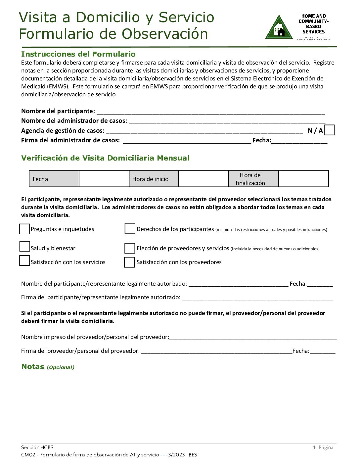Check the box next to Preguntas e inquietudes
tap(24, 229)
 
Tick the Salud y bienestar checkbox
tap(24, 247)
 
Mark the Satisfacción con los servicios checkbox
tap(24, 261)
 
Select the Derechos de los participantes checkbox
tap(130, 228)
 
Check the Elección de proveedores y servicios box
tap(130, 248)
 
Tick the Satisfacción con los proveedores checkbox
tap(129, 262)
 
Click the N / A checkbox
tap(329, 130)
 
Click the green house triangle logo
tap(279, 28)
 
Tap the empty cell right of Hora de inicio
tap(203, 179)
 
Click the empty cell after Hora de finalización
tap(303, 179)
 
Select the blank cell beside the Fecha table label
tap(104, 179)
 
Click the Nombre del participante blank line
tap(210, 112)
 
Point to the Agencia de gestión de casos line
tap(204, 131)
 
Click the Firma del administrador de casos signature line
tap(187, 141)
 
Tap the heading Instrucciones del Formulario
tap(78, 54)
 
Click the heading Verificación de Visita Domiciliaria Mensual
tap(105, 158)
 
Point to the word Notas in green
tap(33, 366)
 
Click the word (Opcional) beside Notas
tap(61, 367)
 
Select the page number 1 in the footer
tap(314, 447)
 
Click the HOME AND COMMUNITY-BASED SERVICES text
tap(313, 24)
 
